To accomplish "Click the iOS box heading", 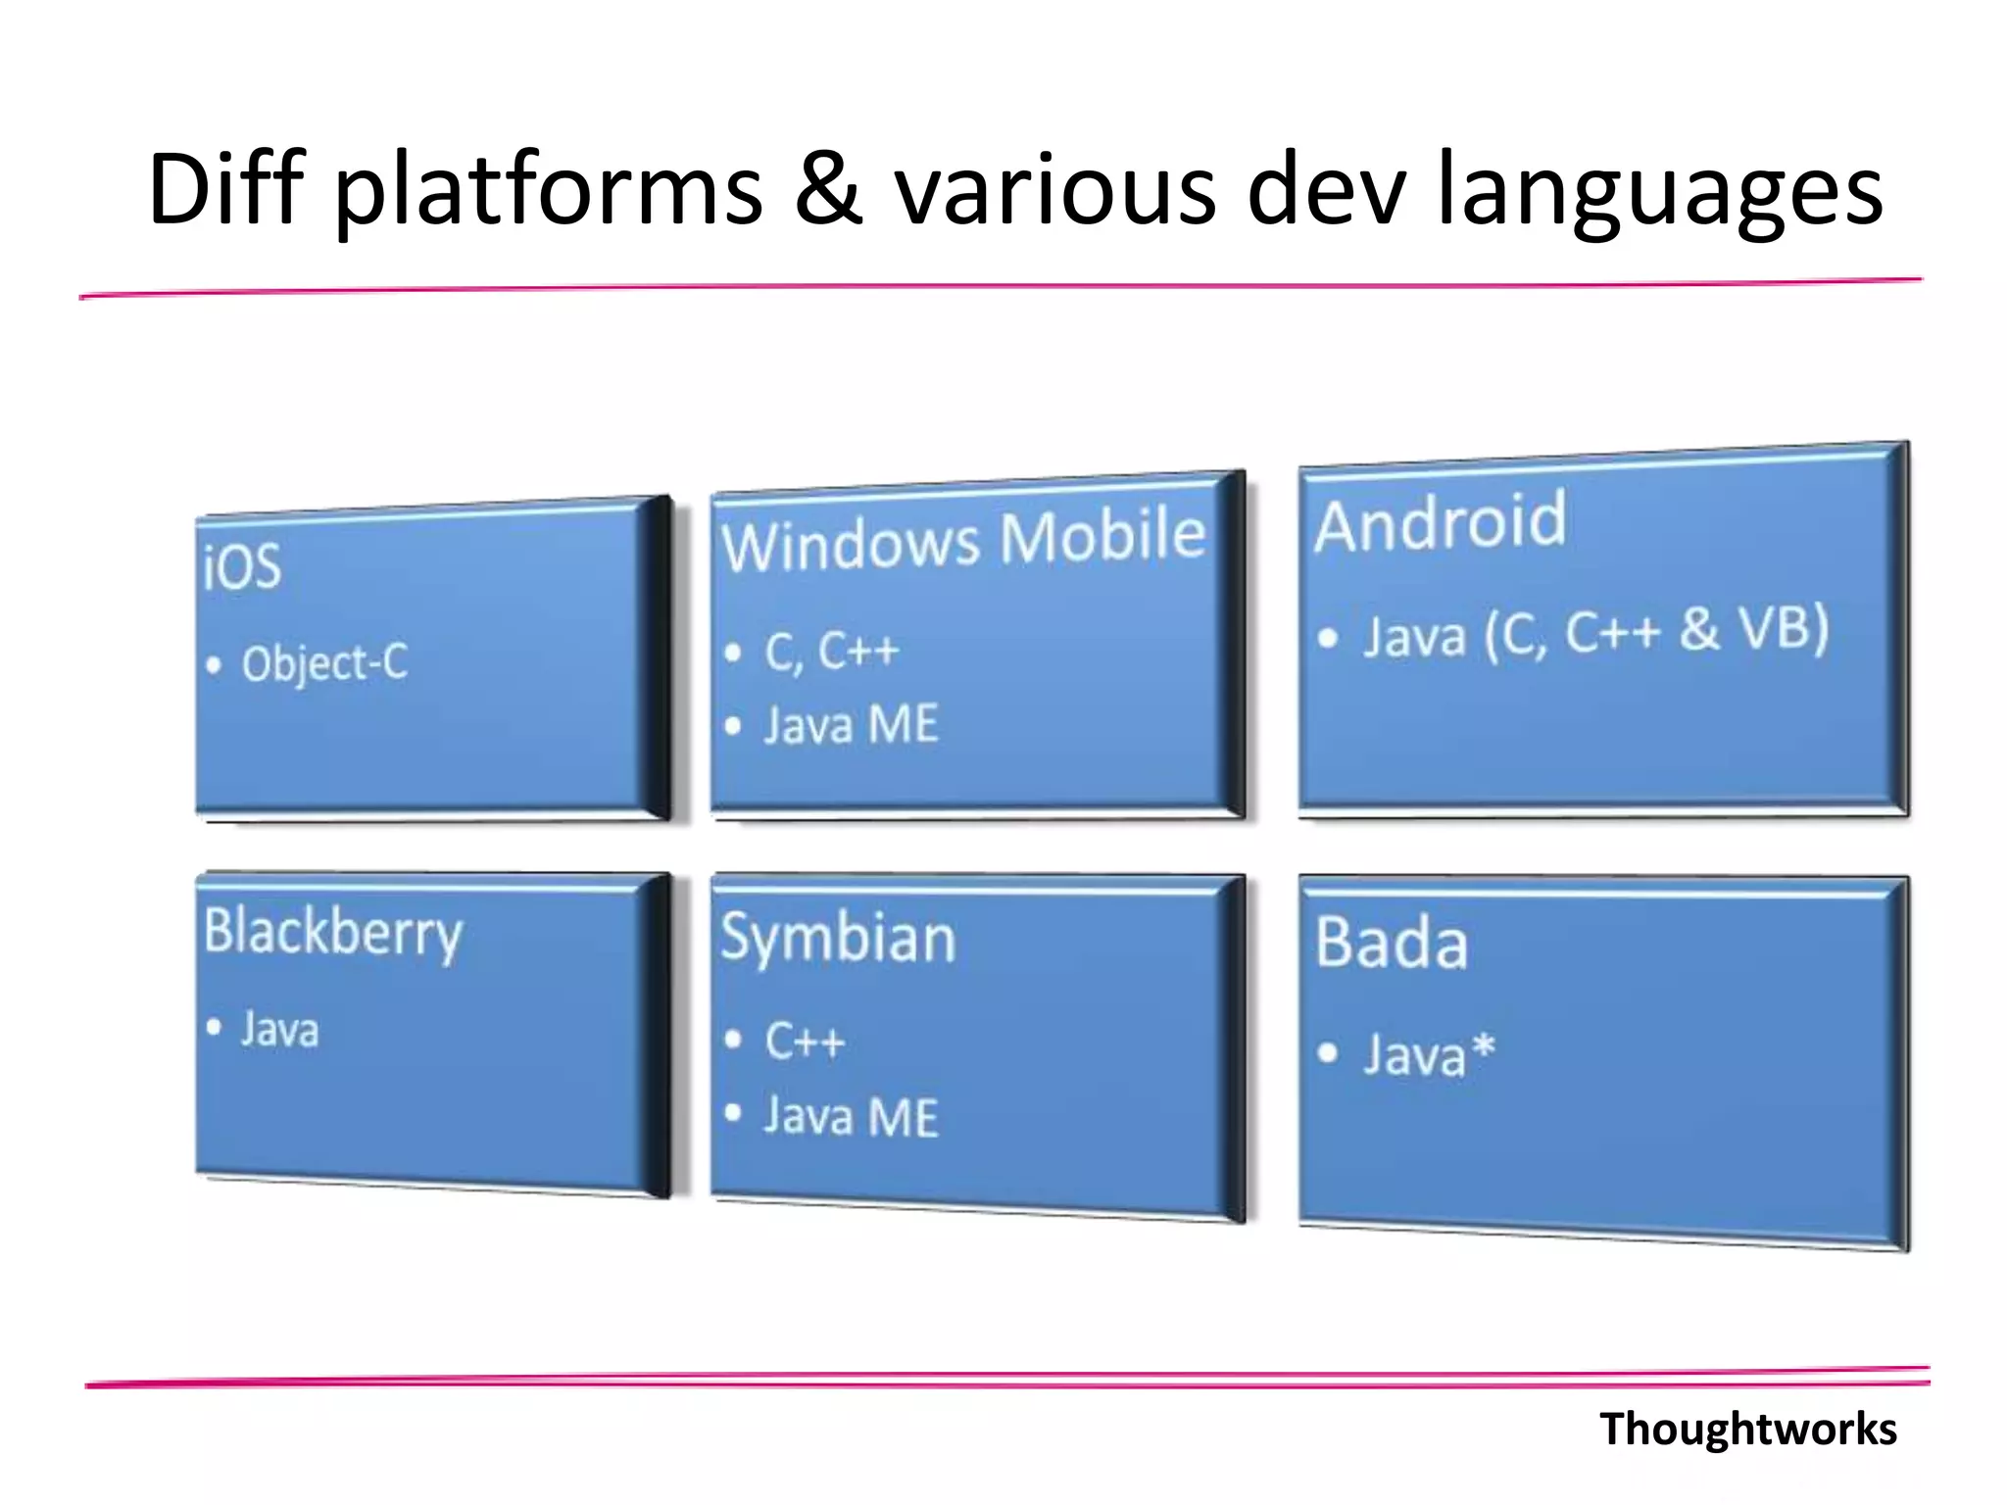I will (242, 566).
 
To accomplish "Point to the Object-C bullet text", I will (324, 663).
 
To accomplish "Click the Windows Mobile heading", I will (963, 540).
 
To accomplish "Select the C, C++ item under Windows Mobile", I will (831, 652).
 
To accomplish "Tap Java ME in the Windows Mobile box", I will (851, 726).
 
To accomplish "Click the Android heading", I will (1440, 522).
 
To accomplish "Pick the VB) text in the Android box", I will (1783, 628).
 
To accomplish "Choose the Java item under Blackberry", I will (279, 1030).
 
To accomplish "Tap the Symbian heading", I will (838, 938).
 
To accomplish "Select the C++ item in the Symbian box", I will (805, 1041).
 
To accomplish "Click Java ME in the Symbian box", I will (851, 1117).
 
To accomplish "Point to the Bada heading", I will (1392, 943).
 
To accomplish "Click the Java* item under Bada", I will (1429, 1055).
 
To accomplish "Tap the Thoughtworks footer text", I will (1747, 1429).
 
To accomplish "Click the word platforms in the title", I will (549, 191).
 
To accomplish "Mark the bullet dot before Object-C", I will (214, 666).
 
